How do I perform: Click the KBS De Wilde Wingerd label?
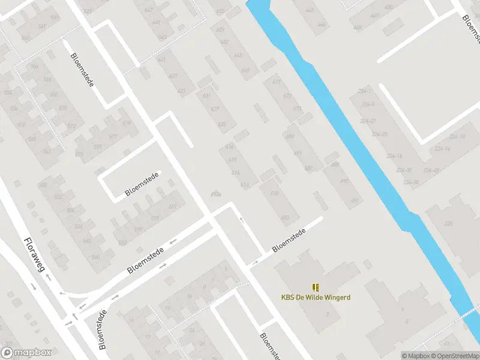click(316, 297)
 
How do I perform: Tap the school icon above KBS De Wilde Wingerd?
click(316, 287)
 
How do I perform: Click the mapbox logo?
click(26, 353)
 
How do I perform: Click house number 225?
click(448, 223)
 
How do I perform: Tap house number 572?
click(71, 127)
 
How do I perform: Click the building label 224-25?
click(379, 134)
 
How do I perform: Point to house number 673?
click(297, 109)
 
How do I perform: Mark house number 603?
click(286, 217)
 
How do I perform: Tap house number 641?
click(161, 60)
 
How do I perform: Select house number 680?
click(290, 137)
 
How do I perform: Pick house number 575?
click(97, 146)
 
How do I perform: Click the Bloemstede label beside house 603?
click(289, 240)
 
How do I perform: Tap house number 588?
click(79, 226)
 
